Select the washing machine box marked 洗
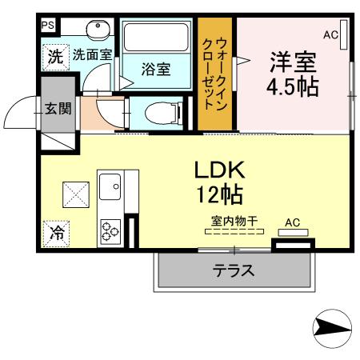pyautogui.click(x=54, y=58)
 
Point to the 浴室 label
pyautogui.click(x=155, y=70)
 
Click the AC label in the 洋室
pyautogui.click(x=330, y=34)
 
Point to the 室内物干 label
pyautogui.click(x=234, y=220)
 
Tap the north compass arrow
pyautogui.click(x=330, y=327)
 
